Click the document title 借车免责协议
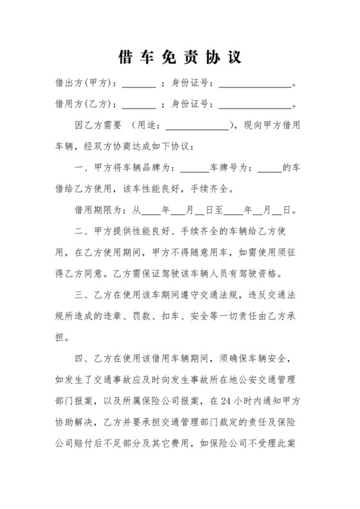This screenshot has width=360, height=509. tap(180, 57)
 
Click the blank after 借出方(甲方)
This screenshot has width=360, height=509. tap(139, 84)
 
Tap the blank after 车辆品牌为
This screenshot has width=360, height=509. tap(194, 168)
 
